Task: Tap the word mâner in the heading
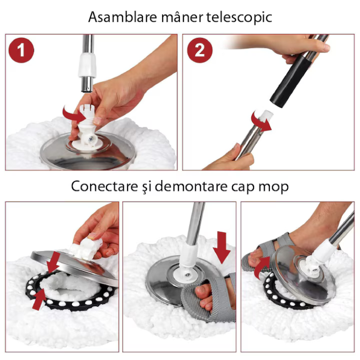tap(176, 17)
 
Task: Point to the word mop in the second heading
tap(275, 187)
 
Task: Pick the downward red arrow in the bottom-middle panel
tap(222, 246)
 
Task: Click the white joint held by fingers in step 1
tap(86, 129)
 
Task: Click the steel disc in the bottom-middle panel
tap(165, 280)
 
